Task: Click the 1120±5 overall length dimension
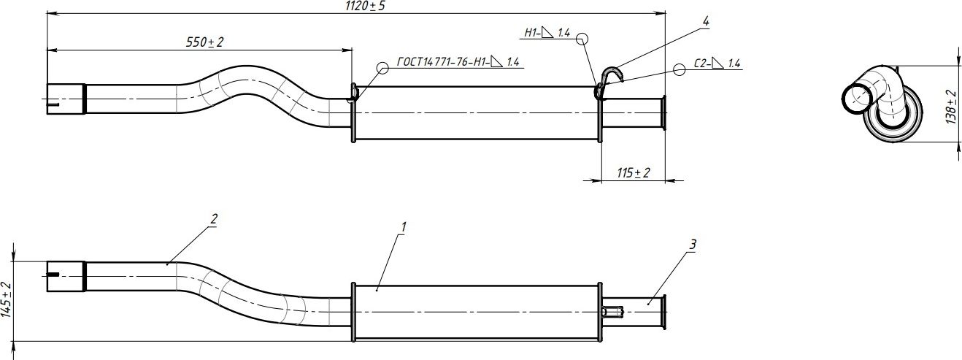[x=365, y=6]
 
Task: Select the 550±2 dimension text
[x=205, y=42]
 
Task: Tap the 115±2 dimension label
[x=634, y=172]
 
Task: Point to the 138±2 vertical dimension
[x=951, y=107]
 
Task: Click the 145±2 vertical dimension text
[x=7, y=300]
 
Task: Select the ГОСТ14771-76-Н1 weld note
[x=458, y=62]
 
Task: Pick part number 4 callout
[x=706, y=21]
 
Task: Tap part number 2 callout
[x=214, y=219]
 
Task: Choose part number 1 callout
[x=404, y=226]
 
